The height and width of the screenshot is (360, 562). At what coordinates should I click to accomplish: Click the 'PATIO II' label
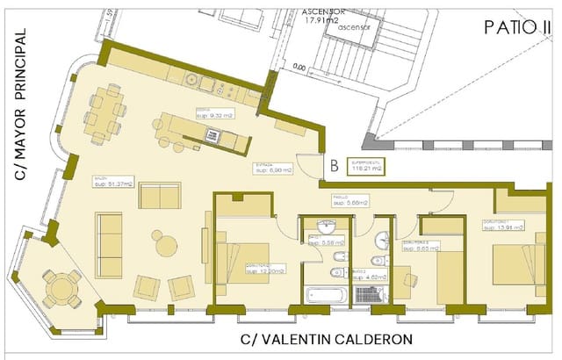pos(511,26)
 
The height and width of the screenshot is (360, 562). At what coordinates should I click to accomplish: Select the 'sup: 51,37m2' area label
pos(113,184)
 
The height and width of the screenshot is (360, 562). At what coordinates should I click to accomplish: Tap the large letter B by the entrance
pos(335,163)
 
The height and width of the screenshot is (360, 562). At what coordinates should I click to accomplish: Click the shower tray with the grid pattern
pos(369,294)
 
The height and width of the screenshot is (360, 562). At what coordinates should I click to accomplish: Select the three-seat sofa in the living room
pos(110,243)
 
